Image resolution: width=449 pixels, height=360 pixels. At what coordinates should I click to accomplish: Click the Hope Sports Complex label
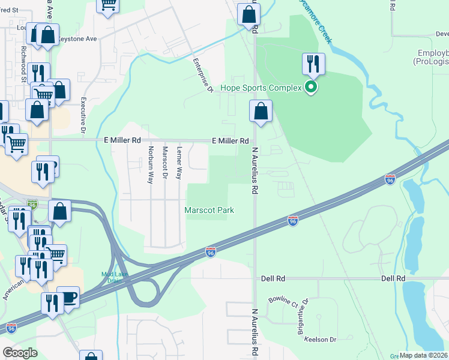click(x=261, y=88)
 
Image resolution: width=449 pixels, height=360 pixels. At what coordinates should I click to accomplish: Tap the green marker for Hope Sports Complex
click(x=311, y=88)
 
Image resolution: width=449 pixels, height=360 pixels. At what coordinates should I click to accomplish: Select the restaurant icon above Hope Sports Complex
click(x=313, y=64)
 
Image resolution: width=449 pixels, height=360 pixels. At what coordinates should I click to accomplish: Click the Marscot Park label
click(x=209, y=210)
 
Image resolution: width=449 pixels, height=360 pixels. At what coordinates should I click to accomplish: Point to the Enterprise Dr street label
click(x=203, y=75)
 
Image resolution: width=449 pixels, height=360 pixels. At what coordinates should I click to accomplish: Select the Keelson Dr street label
click(x=320, y=340)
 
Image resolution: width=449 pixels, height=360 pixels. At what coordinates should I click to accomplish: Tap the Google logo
click(x=20, y=352)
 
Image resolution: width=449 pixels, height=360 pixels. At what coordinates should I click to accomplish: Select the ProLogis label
click(x=430, y=62)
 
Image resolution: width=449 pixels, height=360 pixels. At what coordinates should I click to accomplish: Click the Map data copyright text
click(x=423, y=355)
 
